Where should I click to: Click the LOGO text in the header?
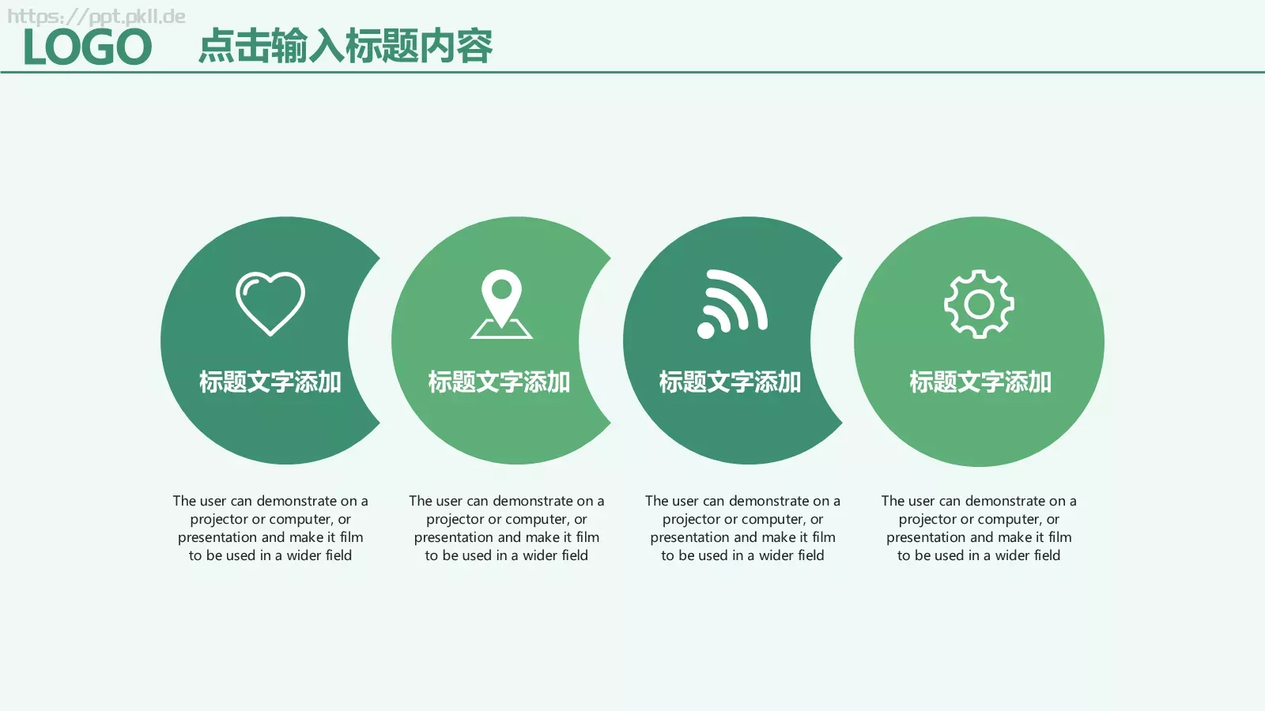pyautogui.click(x=87, y=47)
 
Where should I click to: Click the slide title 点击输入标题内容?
pyautogui.click(x=345, y=46)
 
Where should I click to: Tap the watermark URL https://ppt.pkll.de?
pyautogui.click(x=96, y=17)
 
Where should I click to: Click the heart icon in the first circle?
pyautogui.click(x=270, y=303)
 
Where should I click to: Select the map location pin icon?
pyautogui.click(x=501, y=303)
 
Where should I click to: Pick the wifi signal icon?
pyautogui.click(x=732, y=304)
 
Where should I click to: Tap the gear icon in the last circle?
pyautogui.click(x=979, y=304)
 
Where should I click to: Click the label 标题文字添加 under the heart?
pyautogui.click(x=270, y=382)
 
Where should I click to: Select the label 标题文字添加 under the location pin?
pyautogui.click(x=500, y=382)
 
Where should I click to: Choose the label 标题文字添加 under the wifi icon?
pyautogui.click(x=731, y=382)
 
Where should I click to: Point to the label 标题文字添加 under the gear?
pyautogui.click(x=980, y=382)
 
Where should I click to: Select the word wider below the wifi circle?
pyautogui.click(x=776, y=555)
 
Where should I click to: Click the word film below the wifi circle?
pyautogui.click(x=823, y=537)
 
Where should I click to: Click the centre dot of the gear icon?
pyautogui.click(x=979, y=304)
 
